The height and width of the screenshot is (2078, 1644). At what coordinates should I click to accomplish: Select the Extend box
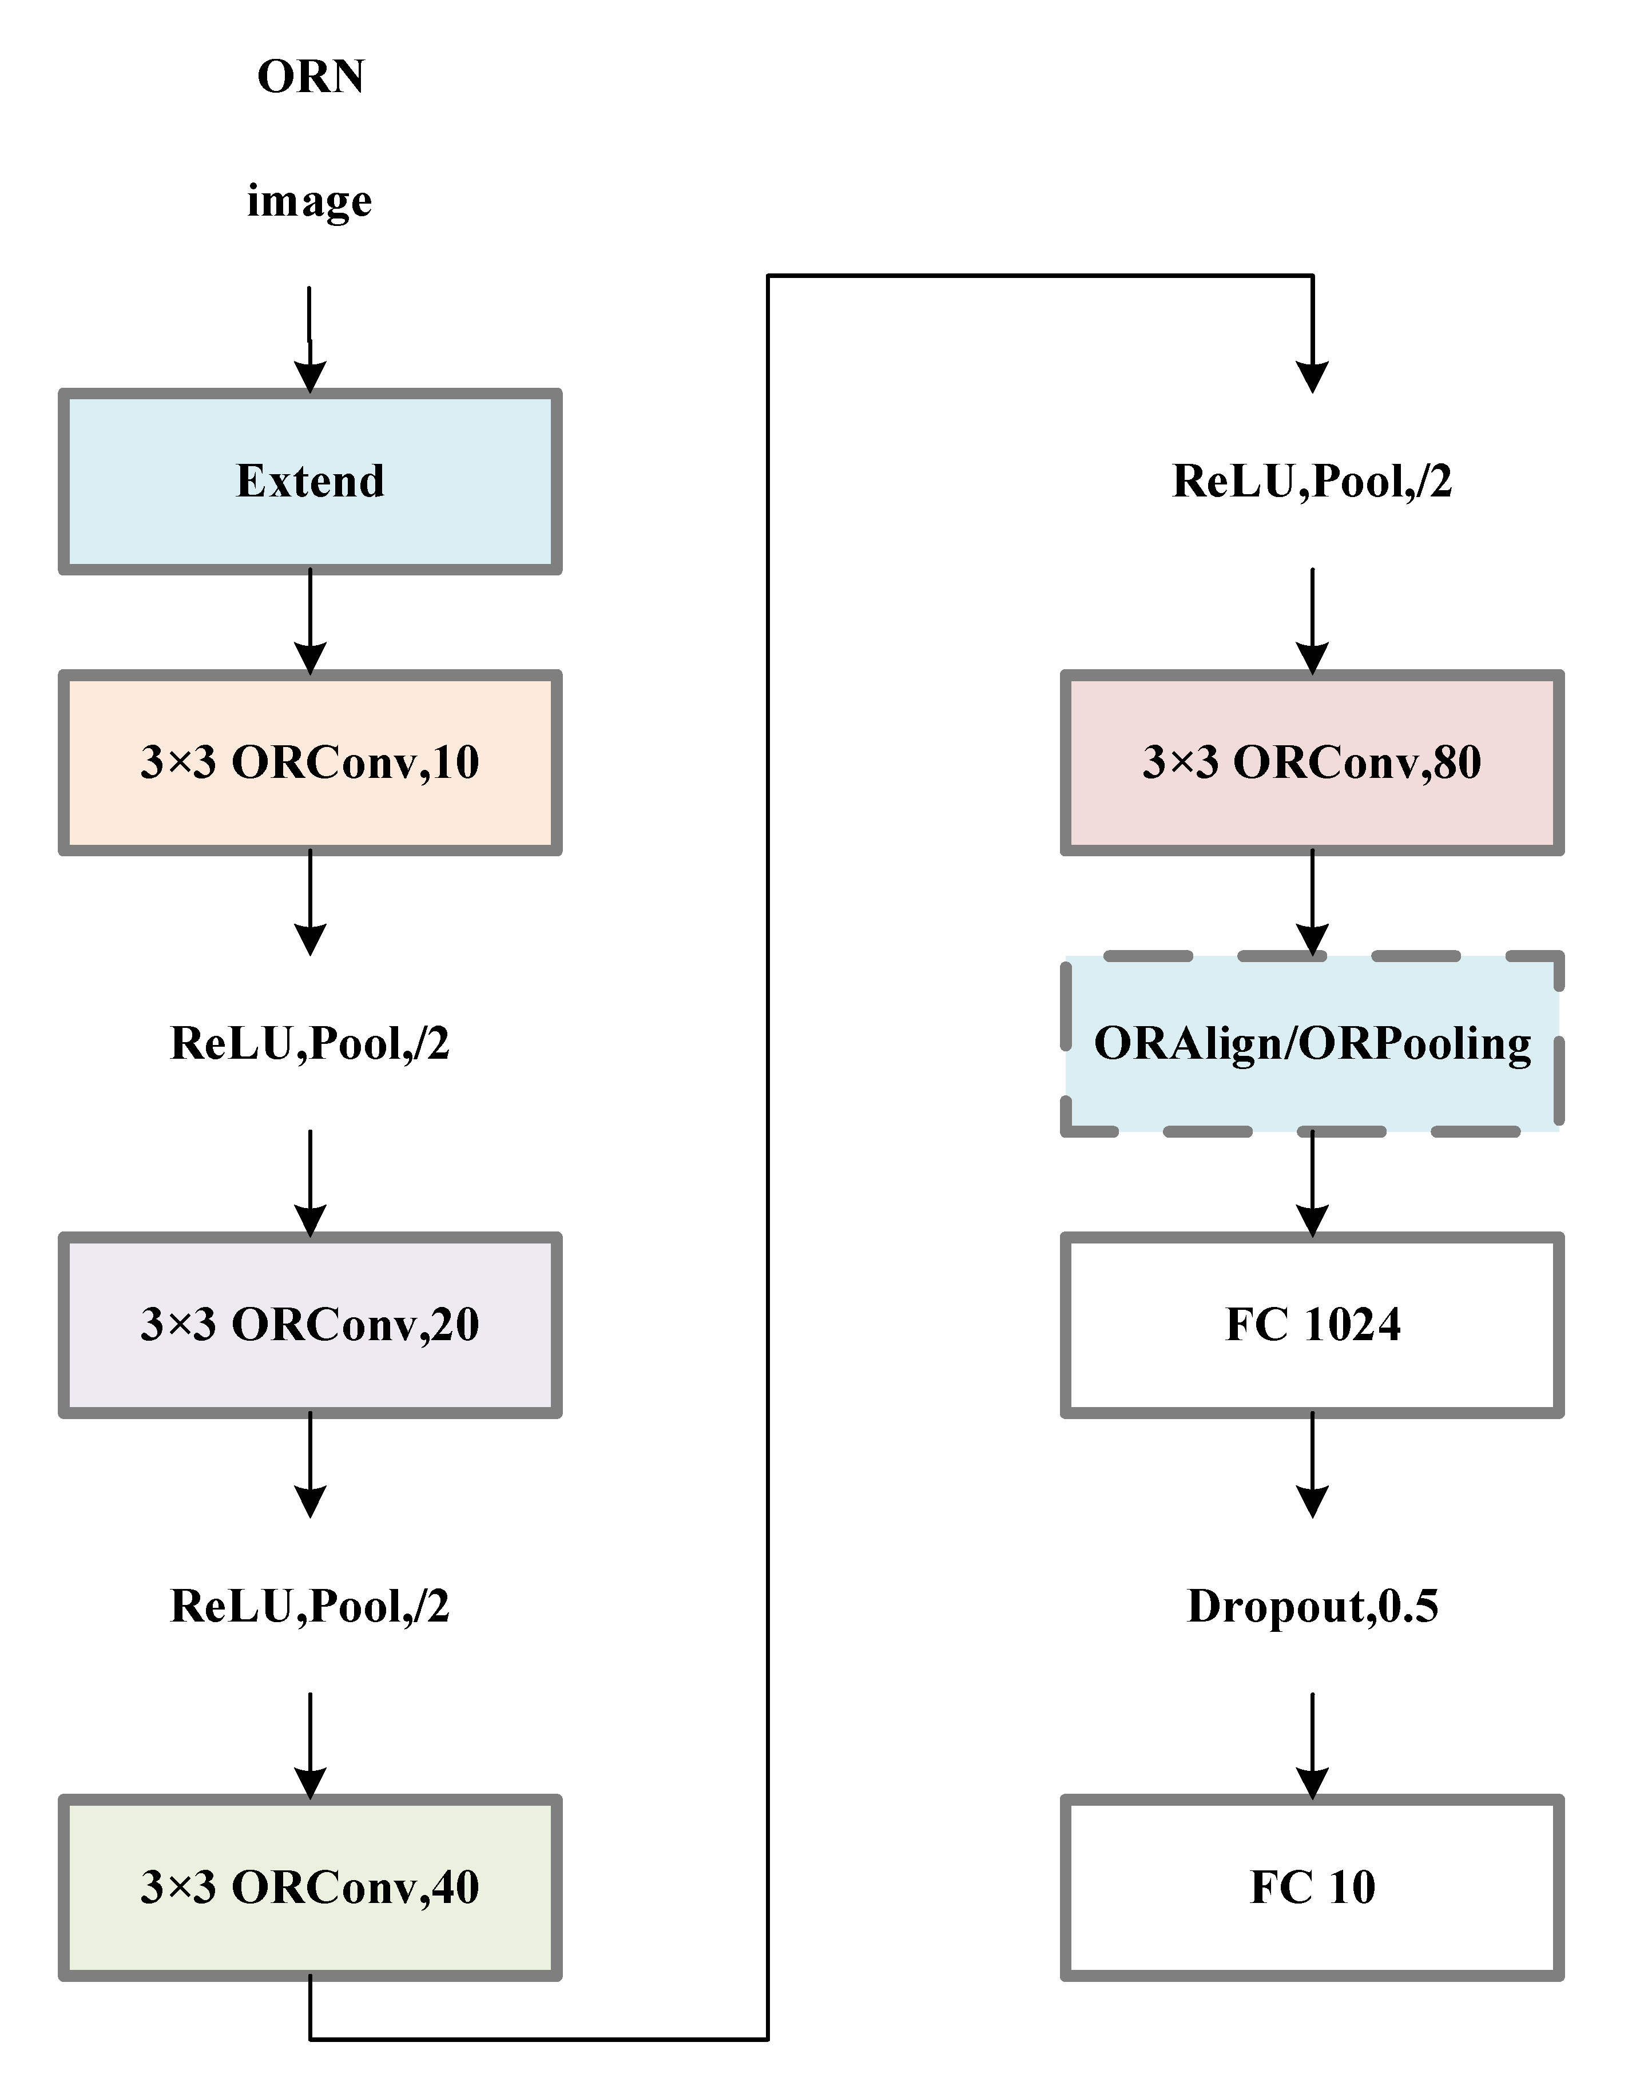point(310,481)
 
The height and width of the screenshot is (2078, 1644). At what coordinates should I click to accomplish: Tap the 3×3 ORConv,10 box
point(310,762)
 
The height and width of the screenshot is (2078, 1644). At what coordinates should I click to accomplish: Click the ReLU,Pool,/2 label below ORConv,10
point(310,1043)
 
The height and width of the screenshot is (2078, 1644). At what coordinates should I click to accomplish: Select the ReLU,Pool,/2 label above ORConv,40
point(310,1606)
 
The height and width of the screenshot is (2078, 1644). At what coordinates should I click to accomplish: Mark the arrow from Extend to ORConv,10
point(310,621)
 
